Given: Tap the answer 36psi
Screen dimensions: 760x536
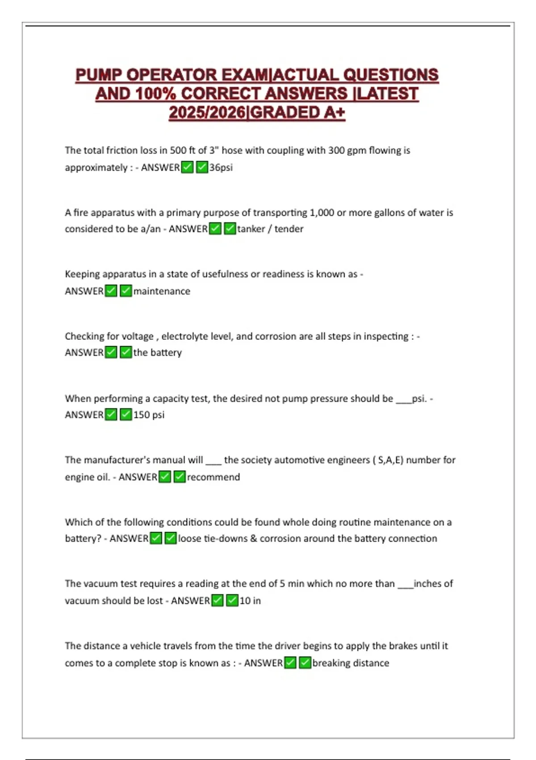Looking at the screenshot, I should [x=221, y=168].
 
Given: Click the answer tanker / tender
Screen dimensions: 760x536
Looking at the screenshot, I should [x=270, y=229].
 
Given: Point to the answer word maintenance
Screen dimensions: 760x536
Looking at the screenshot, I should [x=162, y=291].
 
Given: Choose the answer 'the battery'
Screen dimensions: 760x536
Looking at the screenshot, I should [x=158, y=353].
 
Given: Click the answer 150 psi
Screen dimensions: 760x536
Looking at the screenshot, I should [x=149, y=415].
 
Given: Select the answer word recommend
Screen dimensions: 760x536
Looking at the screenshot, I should [x=214, y=477].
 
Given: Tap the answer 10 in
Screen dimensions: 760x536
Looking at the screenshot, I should [x=250, y=601].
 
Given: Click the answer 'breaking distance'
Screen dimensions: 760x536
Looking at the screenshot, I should [x=351, y=663].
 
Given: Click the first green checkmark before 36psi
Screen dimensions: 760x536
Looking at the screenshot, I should [x=188, y=168].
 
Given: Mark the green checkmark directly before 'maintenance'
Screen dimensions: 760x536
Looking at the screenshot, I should [x=126, y=291].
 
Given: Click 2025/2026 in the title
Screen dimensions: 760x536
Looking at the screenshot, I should [x=208, y=112].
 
